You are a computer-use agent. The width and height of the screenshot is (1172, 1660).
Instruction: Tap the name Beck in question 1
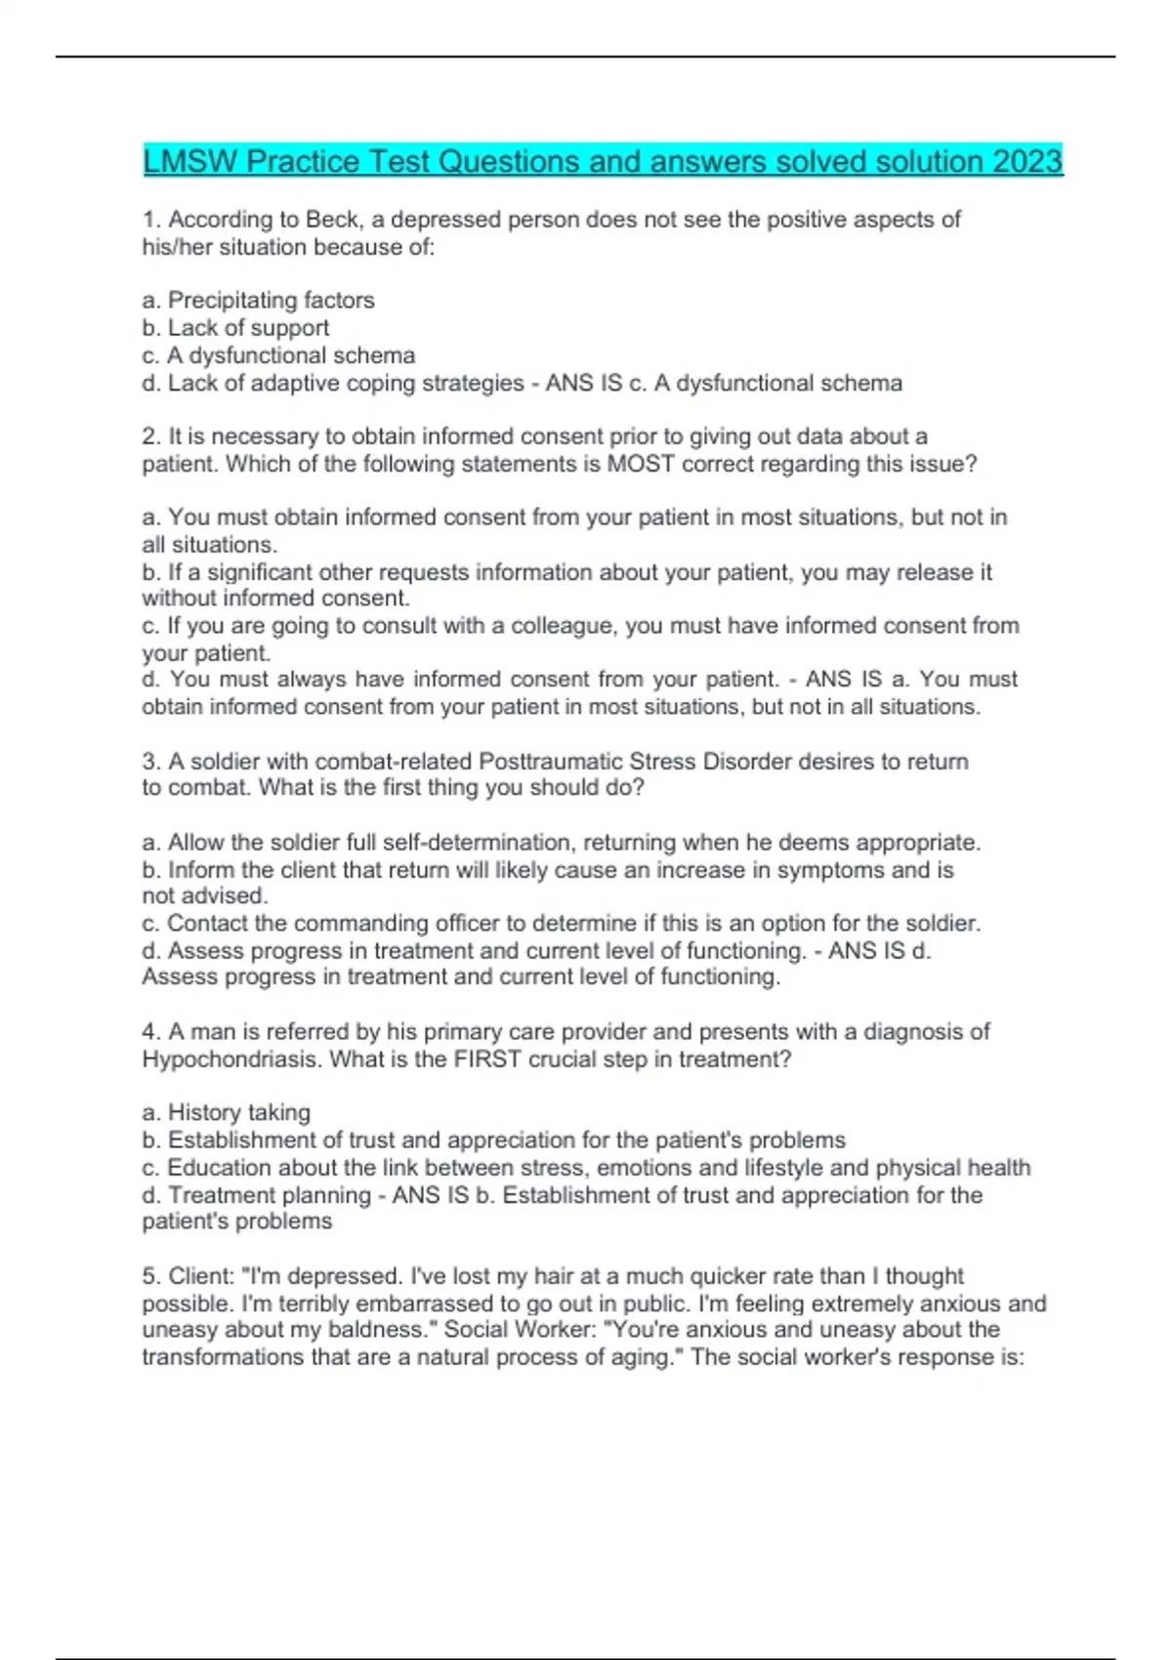click(x=332, y=220)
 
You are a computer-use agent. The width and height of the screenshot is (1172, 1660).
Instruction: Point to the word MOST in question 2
click(x=641, y=464)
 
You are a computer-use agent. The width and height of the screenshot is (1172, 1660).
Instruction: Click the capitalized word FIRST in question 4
click(x=487, y=1059)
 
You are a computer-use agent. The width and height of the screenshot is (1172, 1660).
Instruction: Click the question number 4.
click(x=149, y=1032)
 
